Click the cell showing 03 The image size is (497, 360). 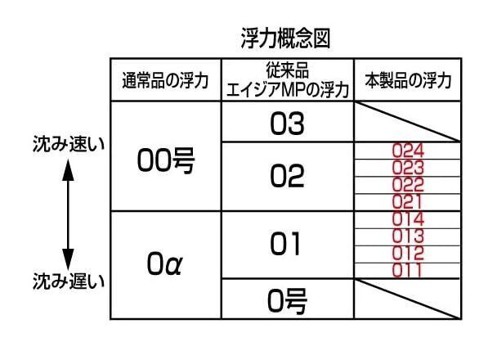pyautogui.click(x=286, y=124)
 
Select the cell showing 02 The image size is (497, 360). pyautogui.click(x=286, y=175)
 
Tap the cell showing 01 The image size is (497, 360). pyautogui.click(x=286, y=244)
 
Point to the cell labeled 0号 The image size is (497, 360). pyautogui.click(x=287, y=302)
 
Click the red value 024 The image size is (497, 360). pyautogui.click(x=408, y=151)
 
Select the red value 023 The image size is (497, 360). pyautogui.click(x=408, y=168)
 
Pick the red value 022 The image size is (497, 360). pyautogui.click(x=408, y=184)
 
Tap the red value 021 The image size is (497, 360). pyautogui.click(x=408, y=201)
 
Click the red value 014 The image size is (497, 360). pyautogui.click(x=408, y=218)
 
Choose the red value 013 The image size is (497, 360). pyautogui.click(x=408, y=236)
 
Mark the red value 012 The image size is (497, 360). pyautogui.click(x=408, y=253)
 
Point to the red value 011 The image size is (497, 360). pyautogui.click(x=408, y=269)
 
